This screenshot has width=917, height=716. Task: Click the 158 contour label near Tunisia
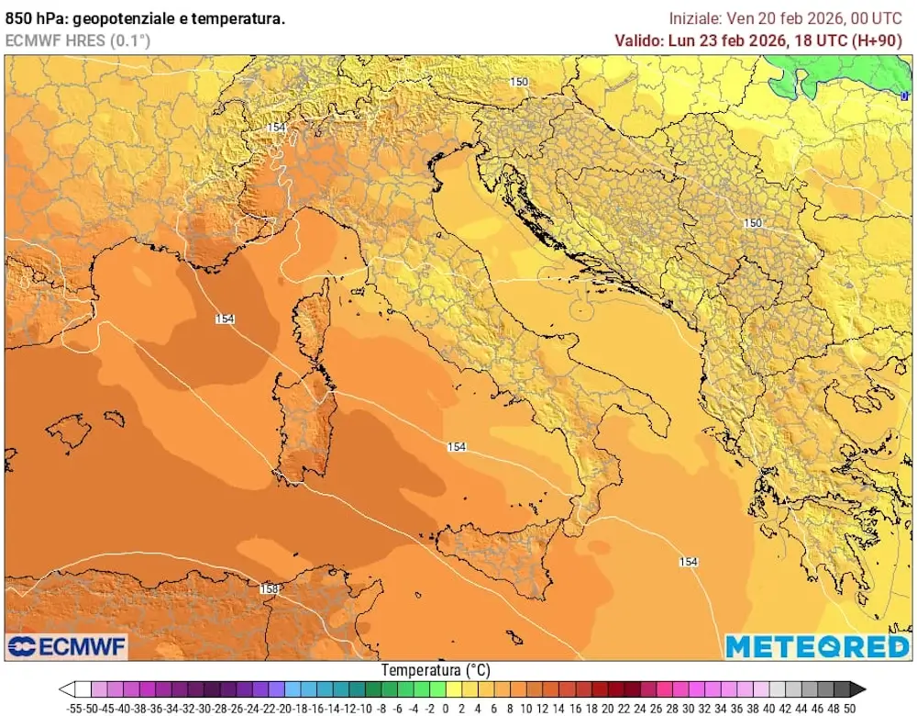coord(270,588)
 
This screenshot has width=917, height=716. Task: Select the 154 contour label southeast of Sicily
coord(689,561)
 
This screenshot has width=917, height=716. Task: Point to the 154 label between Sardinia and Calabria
coord(457,447)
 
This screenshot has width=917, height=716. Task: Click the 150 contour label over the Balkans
coord(753,223)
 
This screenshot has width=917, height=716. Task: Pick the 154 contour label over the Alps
coord(277,128)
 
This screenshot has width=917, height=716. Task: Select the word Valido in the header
coord(639,39)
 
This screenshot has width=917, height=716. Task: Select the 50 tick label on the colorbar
coord(849,709)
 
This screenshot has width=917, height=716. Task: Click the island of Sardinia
coord(306,427)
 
